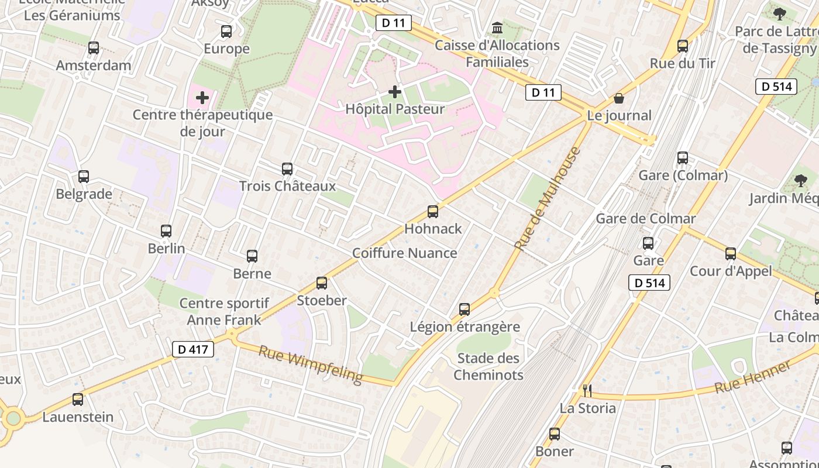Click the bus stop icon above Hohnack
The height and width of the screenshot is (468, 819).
click(433, 212)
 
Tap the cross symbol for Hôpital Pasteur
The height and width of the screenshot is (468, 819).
click(395, 92)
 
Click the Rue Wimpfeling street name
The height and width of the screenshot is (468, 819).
click(310, 364)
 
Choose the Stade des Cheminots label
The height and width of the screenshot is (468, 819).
click(488, 367)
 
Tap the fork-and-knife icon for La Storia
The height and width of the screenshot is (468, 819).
click(587, 390)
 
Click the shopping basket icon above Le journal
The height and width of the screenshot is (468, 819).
click(619, 98)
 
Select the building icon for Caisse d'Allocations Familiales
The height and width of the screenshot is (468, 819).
click(497, 28)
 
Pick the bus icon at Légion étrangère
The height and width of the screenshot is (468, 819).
click(464, 309)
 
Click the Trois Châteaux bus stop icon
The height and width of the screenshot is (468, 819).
click(287, 169)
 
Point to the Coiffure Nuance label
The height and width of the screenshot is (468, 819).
click(405, 253)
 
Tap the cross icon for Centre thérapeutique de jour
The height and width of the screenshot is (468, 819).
click(202, 97)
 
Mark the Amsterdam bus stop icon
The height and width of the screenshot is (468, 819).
click(94, 48)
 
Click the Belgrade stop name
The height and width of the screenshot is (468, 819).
click(84, 194)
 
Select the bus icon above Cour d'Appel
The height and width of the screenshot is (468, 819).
click(731, 254)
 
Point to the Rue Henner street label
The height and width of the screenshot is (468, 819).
click(753, 376)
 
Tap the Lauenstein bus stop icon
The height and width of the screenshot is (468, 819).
click(78, 400)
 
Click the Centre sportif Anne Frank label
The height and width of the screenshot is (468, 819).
click(224, 312)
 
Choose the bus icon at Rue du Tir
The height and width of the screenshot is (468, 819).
click(683, 46)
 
